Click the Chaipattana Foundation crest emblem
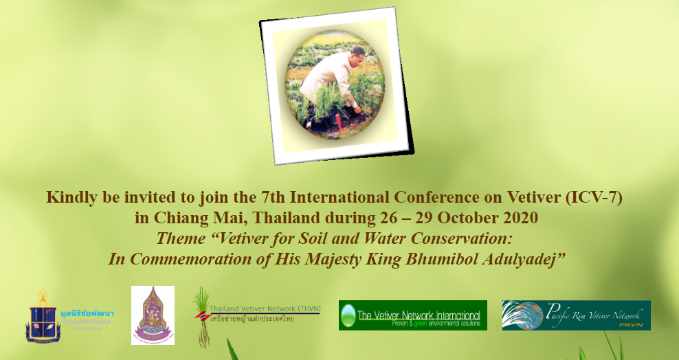coord(43,316)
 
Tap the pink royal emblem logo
coord(153,315)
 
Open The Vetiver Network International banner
coord(412,315)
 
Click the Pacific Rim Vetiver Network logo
coord(576,315)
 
